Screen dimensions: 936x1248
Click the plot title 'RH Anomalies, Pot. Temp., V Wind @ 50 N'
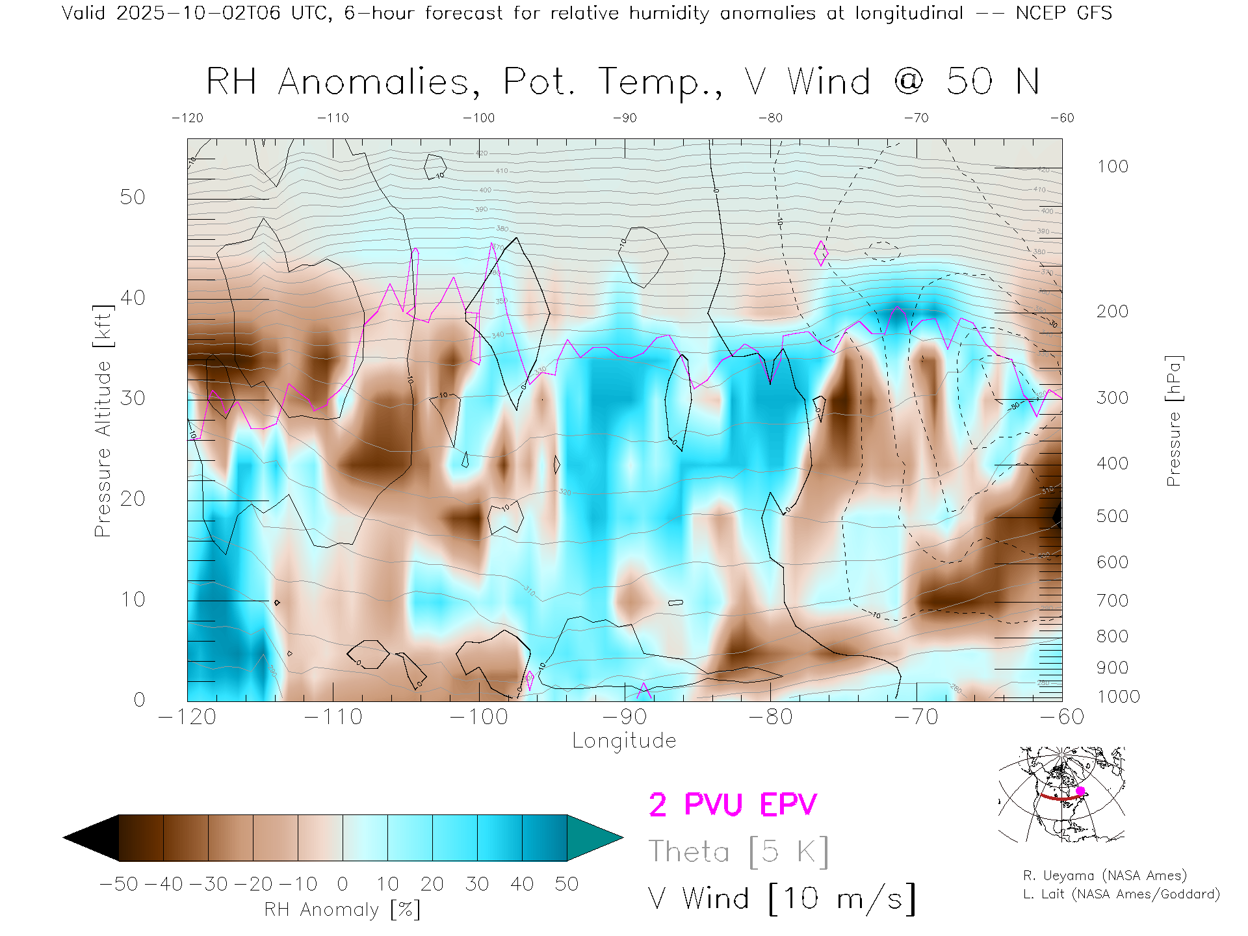(623, 82)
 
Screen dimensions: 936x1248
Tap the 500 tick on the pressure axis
(1112, 516)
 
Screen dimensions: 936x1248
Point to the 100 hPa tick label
(1112, 166)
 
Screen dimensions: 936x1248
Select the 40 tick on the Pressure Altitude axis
(133, 298)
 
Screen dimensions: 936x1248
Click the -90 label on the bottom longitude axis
(625, 717)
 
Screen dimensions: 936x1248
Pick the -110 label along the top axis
(333, 118)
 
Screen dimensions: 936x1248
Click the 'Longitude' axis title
(624, 741)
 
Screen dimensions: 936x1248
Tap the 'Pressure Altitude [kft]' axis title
(103, 421)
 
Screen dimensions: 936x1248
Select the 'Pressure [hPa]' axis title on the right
(1173, 421)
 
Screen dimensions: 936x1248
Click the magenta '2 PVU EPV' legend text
(733, 805)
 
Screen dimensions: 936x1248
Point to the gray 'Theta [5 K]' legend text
(738, 851)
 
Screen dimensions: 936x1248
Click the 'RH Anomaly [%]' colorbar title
(342, 909)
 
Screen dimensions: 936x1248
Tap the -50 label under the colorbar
(118, 884)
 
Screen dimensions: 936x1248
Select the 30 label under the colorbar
(476, 884)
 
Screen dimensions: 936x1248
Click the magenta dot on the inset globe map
(1080, 791)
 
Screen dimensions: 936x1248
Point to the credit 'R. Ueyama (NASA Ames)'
(1104, 876)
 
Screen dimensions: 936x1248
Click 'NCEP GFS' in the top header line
(1063, 13)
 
